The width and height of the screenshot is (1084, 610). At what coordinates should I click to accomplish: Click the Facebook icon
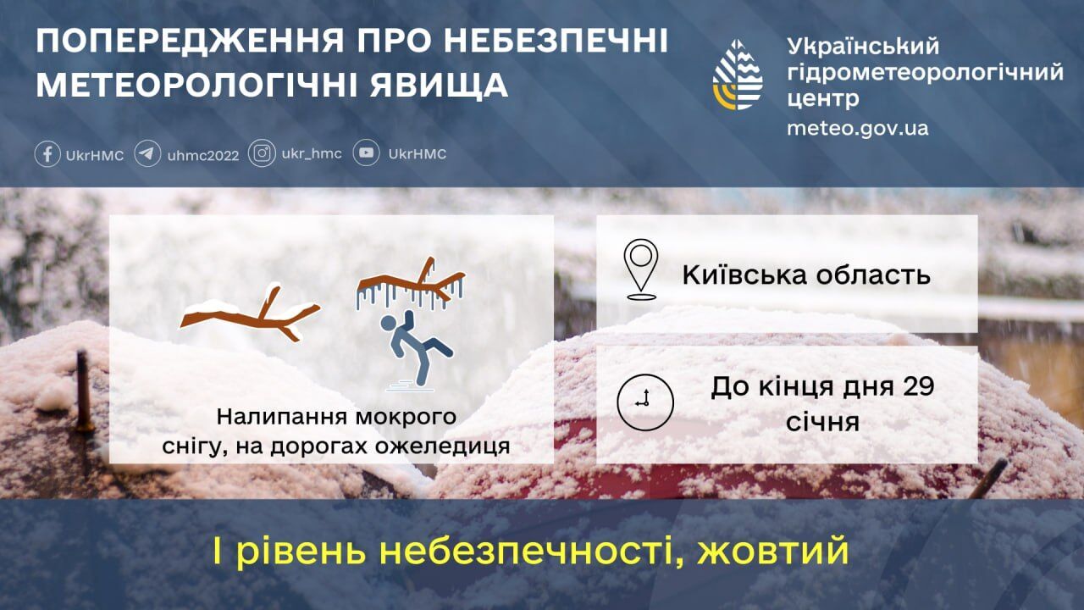click(x=47, y=154)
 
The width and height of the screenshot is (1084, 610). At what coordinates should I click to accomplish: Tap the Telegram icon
click(x=147, y=154)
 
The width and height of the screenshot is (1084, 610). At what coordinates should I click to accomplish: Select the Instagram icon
click(x=262, y=153)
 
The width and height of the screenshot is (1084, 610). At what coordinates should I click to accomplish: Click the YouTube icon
click(x=366, y=153)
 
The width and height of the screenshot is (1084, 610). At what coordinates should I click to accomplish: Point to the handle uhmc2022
click(x=203, y=155)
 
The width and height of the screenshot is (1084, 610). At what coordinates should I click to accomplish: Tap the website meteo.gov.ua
click(x=857, y=128)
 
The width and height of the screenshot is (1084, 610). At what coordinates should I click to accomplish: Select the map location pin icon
click(x=641, y=269)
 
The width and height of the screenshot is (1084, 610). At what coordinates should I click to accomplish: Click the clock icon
click(x=645, y=402)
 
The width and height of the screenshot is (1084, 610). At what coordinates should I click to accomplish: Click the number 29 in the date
click(x=918, y=386)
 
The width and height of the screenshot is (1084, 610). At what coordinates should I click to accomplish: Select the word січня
click(x=822, y=421)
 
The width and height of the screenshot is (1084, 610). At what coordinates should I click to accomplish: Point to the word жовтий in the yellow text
click(x=773, y=551)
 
